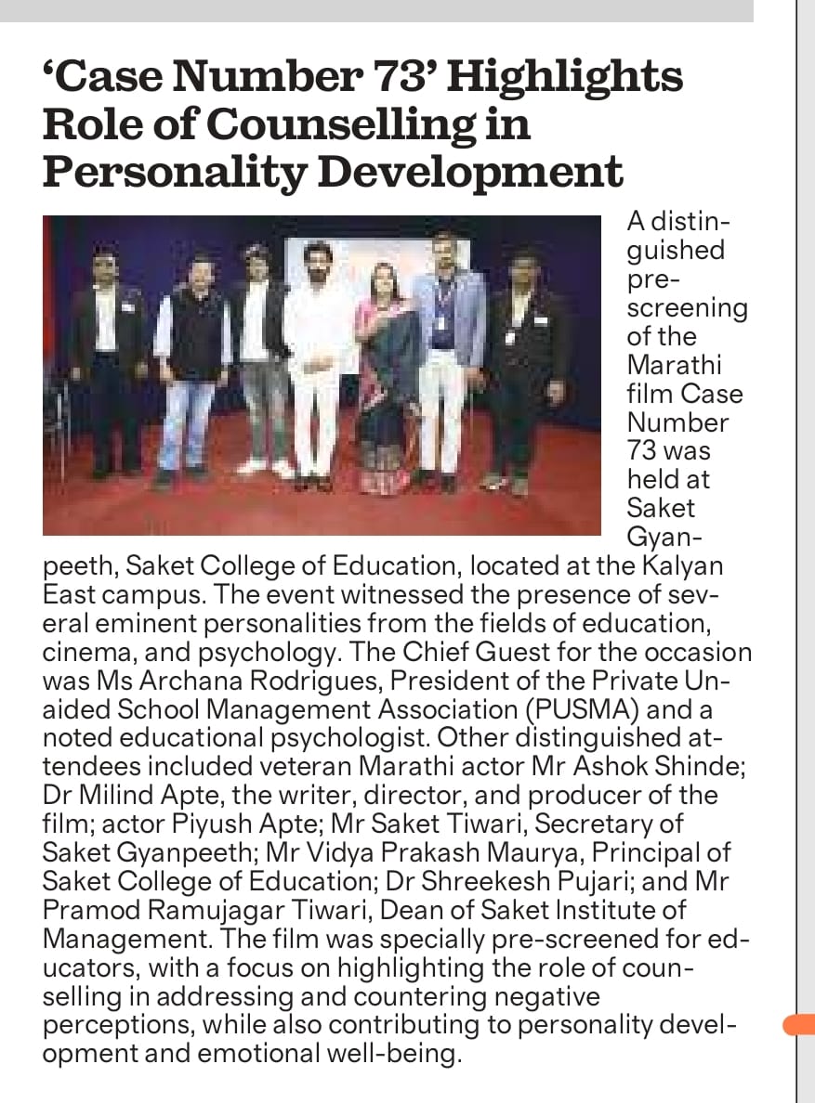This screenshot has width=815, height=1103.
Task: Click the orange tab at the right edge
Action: [x=798, y=1025]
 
